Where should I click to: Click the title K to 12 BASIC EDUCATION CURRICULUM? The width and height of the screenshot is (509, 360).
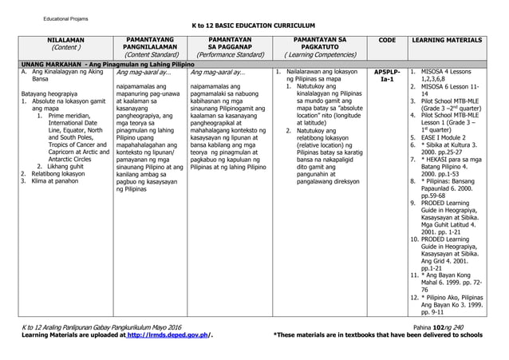(254, 24)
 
